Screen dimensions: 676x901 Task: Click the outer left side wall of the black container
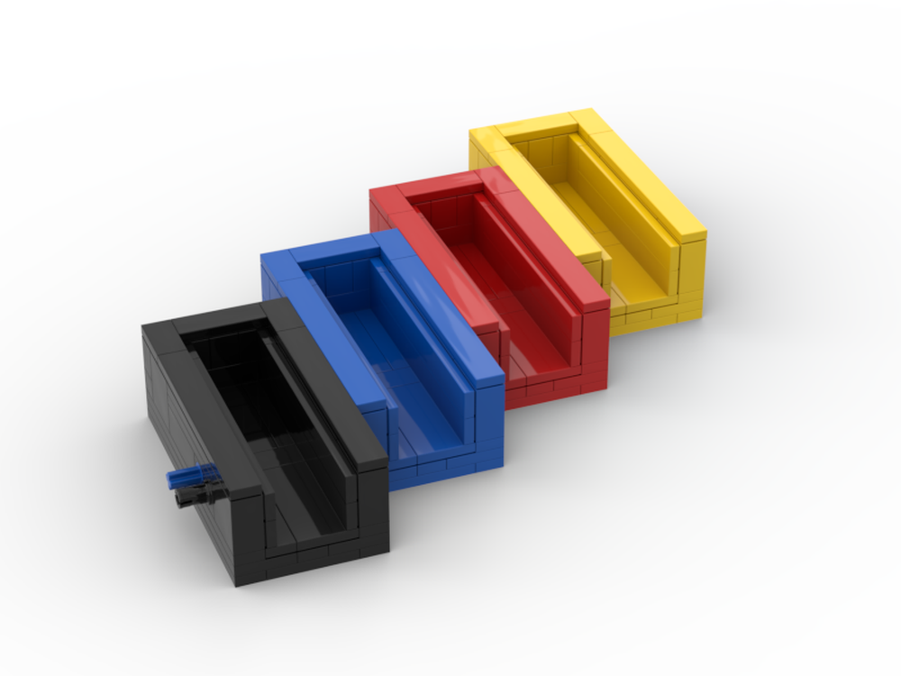click(x=189, y=424)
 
